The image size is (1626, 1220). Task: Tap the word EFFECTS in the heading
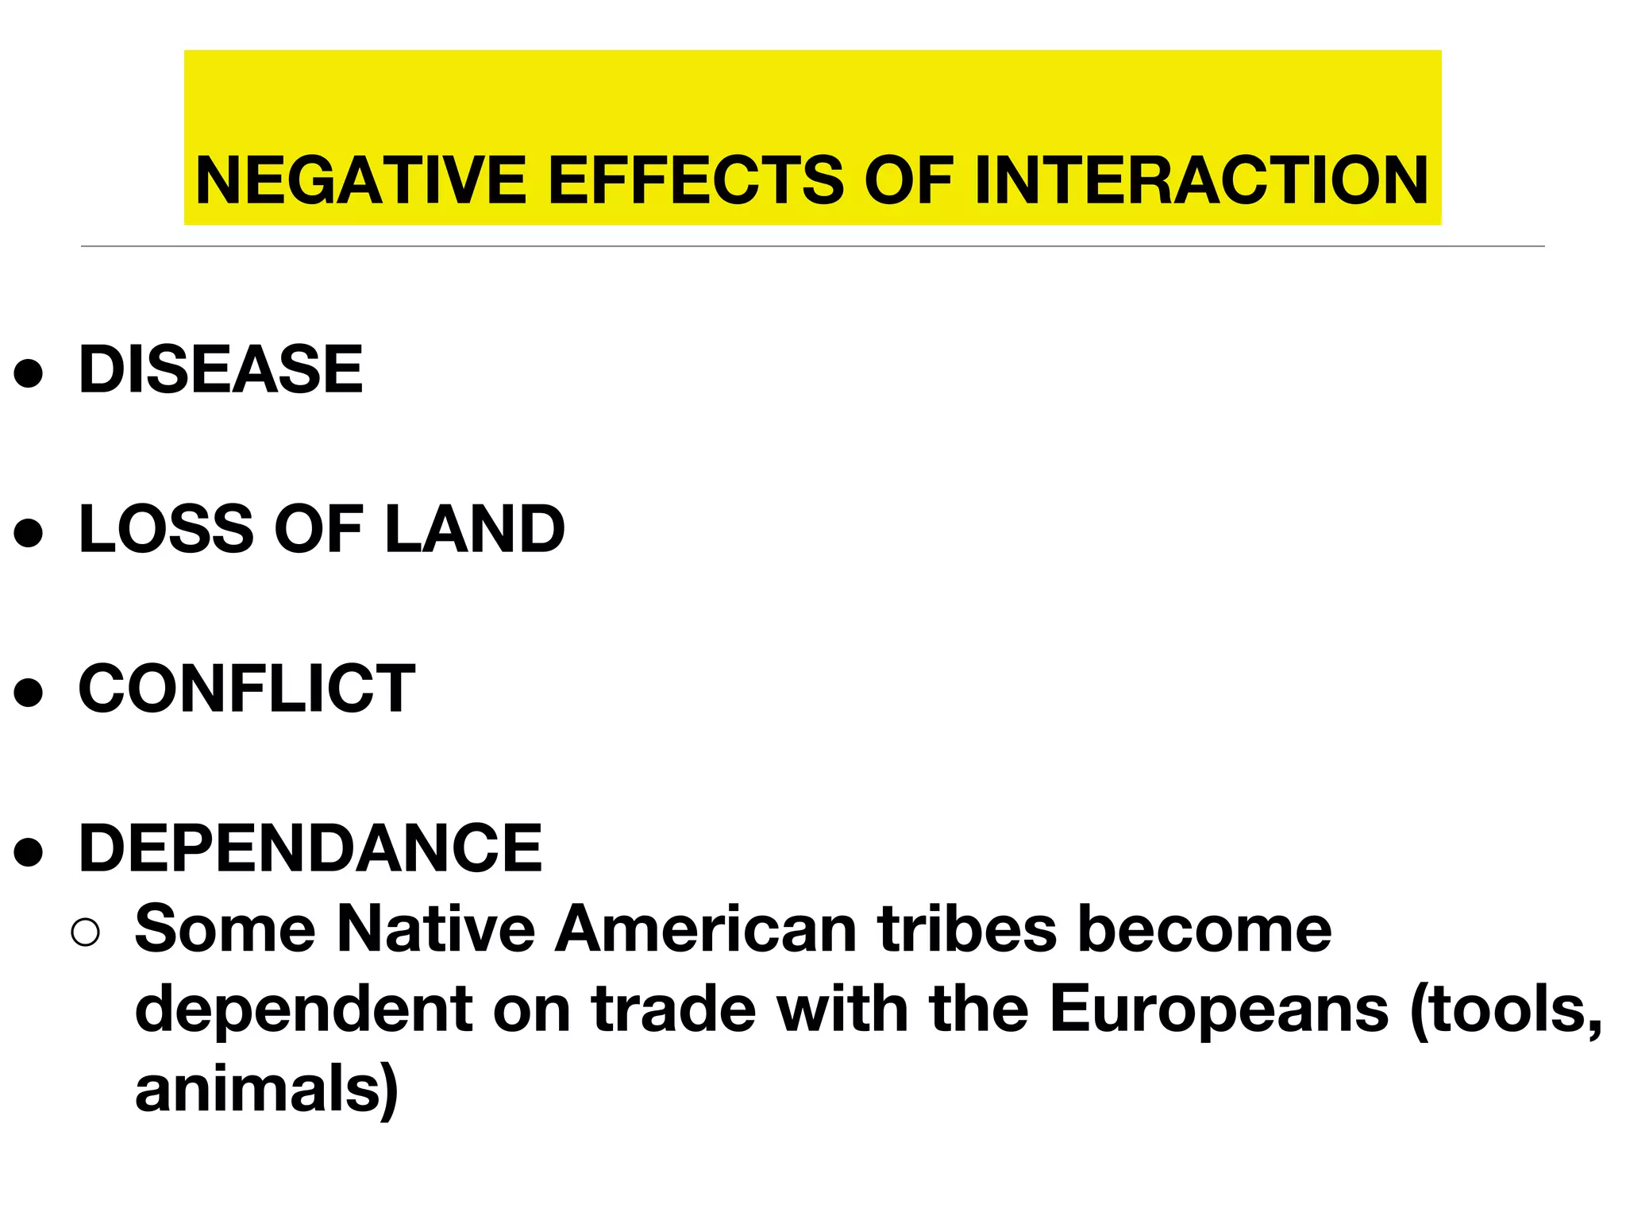pos(696,180)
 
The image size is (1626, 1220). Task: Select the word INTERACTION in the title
pos(1201,180)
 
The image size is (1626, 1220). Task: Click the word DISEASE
pos(221,369)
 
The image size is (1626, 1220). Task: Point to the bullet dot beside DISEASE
pos(29,373)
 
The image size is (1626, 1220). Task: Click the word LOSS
pos(167,529)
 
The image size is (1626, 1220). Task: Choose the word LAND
pos(475,529)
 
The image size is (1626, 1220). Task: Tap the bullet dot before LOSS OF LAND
pos(29,533)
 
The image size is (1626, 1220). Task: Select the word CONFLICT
pos(247,689)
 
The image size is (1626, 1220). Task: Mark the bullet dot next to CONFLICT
pos(29,693)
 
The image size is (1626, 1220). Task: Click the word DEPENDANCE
pos(310,848)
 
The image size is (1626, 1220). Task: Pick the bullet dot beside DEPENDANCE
pos(29,852)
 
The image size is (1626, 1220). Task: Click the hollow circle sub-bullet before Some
pos(85,932)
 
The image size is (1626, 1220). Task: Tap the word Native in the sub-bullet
pos(436,929)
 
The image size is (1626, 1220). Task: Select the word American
pos(706,929)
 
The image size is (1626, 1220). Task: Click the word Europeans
pos(1219,1010)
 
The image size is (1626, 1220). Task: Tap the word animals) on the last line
pos(267,1090)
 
